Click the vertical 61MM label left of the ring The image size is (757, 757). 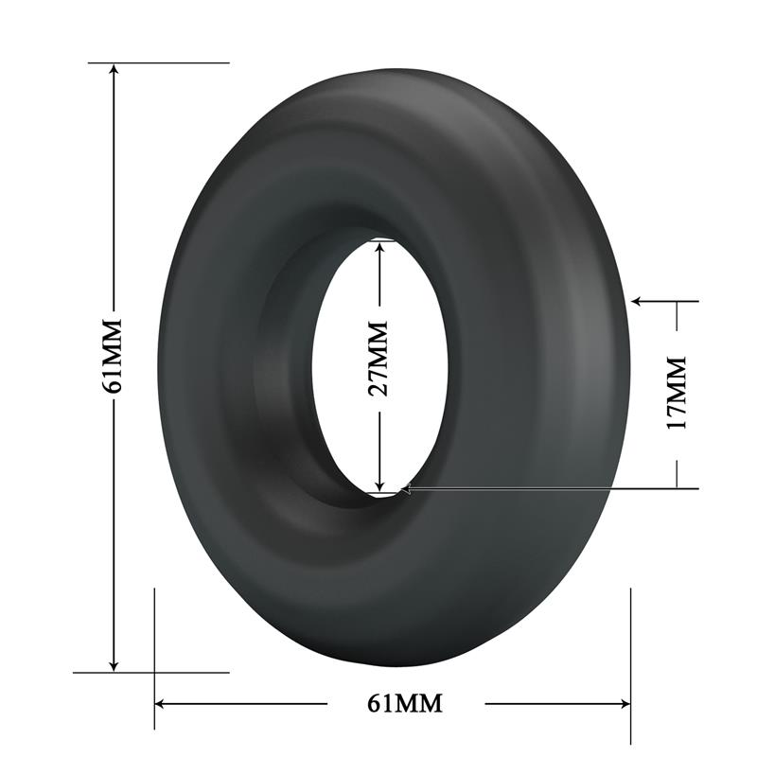tap(113, 355)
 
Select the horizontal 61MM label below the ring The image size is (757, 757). tap(404, 703)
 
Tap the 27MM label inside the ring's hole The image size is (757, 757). tap(378, 359)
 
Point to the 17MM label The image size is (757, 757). tap(676, 393)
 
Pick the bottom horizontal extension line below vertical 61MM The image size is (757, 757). tap(151, 673)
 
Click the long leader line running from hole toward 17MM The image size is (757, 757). tap(549, 488)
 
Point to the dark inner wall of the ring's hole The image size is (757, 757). tap(284, 378)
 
